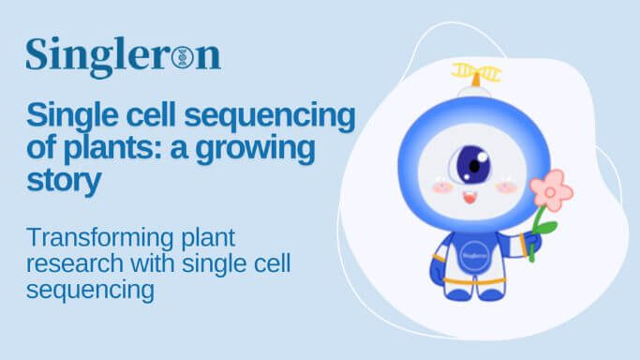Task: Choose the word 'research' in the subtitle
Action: tap(69, 264)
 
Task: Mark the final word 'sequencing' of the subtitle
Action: tap(90, 291)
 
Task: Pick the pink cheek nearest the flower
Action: tap(507, 187)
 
